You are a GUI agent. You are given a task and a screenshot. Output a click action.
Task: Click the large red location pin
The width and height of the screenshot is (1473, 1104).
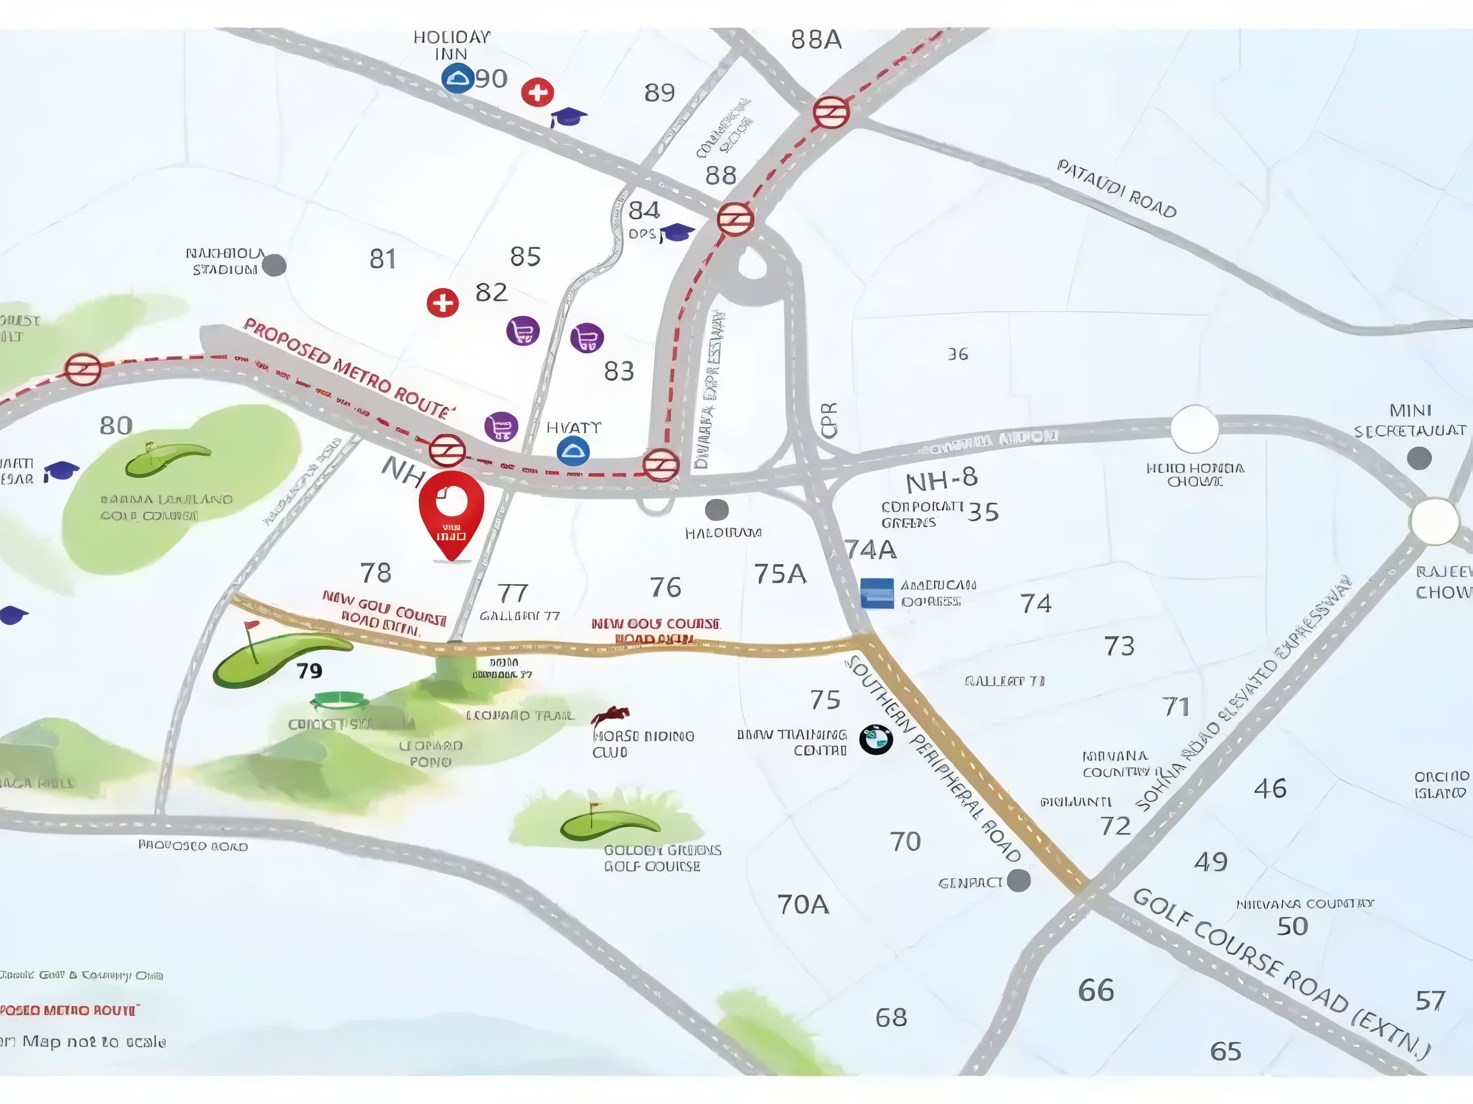(x=452, y=513)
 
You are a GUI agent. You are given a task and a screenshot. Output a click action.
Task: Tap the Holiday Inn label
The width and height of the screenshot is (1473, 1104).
(x=452, y=45)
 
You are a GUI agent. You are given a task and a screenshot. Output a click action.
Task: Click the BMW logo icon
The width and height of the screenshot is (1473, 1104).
(x=876, y=739)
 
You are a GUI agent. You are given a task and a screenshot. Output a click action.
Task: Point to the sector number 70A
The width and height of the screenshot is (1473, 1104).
(x=803, y=904)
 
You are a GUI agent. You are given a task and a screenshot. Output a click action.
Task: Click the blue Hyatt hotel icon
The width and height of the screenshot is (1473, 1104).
(x=573, y=451)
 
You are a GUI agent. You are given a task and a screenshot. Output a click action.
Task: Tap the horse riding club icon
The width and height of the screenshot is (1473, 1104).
(x=611, y=715)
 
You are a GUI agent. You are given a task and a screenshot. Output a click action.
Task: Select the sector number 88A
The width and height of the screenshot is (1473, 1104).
(x=816, y=40)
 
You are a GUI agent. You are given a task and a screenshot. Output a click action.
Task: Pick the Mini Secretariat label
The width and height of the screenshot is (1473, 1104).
(x=1410, y=421)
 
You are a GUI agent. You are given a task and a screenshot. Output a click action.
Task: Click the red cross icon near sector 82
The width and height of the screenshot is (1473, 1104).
(x=442, y=303)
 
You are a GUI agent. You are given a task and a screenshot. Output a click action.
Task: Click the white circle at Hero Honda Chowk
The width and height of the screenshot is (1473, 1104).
(x=1194, y=430)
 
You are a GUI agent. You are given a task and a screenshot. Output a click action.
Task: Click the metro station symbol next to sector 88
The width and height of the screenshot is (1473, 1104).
(x=735, y=218)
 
